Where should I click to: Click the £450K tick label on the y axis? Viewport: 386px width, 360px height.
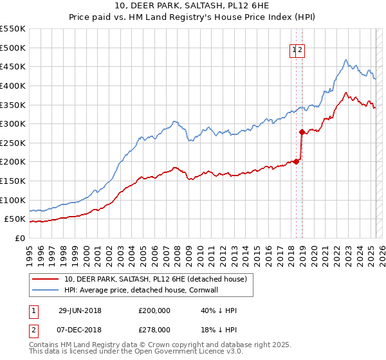coord(13,66)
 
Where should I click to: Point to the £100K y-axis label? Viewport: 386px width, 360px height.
coord(13,200)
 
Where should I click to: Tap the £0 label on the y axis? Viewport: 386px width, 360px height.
coord(21,238)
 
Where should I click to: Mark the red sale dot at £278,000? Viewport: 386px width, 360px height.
coord(302,132)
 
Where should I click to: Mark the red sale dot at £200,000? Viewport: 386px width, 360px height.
coord(297,161)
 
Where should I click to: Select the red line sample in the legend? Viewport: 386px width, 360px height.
coord(46,279)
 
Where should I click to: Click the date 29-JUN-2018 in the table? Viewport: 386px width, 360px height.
coord(80,310)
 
